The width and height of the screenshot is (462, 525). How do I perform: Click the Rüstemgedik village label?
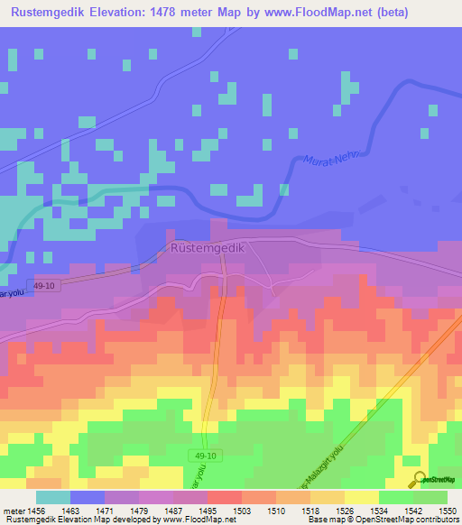pyautogui.click(x=208, y=247)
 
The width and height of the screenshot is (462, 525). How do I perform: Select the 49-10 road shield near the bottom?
pyautogui.click(x=205, y=456)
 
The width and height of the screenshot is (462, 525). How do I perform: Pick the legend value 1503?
pyautogui.click(x=242, y=511)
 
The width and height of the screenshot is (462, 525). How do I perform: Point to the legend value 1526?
pyautogui.click(x=345, y=511)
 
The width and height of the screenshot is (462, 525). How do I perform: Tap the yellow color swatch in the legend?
pyautogui.click(x=361, y=497)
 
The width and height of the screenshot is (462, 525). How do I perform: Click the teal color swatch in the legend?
pyautogui.click(x=52, y=497)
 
